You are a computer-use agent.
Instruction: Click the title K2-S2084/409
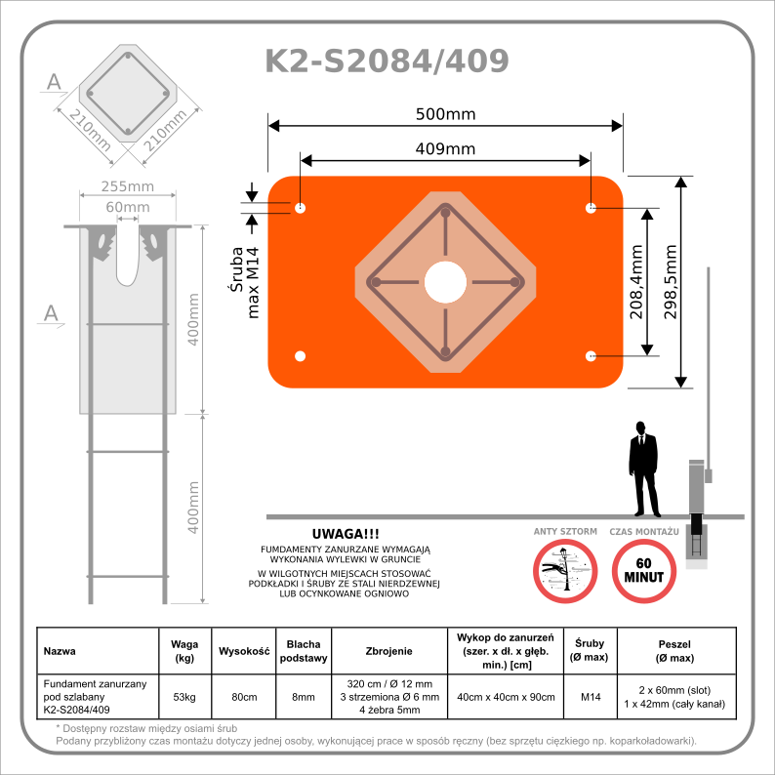[387, 61]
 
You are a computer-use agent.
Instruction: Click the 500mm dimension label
[445, 114]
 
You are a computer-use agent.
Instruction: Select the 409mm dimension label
[445, 148]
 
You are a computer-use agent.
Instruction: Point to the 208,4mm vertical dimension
[635, 281]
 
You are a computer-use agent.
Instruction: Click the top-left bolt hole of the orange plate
[300, 208]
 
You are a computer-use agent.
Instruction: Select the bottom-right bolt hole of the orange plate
[591, 355]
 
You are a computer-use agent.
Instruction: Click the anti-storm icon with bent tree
[565, 570]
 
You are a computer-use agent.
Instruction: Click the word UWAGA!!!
[346, 534]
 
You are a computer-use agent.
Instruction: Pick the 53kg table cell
[184, 697]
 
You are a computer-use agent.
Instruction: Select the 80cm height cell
[243, 697]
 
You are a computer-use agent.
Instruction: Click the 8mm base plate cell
[304, 697]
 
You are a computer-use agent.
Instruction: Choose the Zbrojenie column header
[388, 651]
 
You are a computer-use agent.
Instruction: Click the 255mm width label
[129, 186]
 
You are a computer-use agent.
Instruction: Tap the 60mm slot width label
[128, 207]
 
